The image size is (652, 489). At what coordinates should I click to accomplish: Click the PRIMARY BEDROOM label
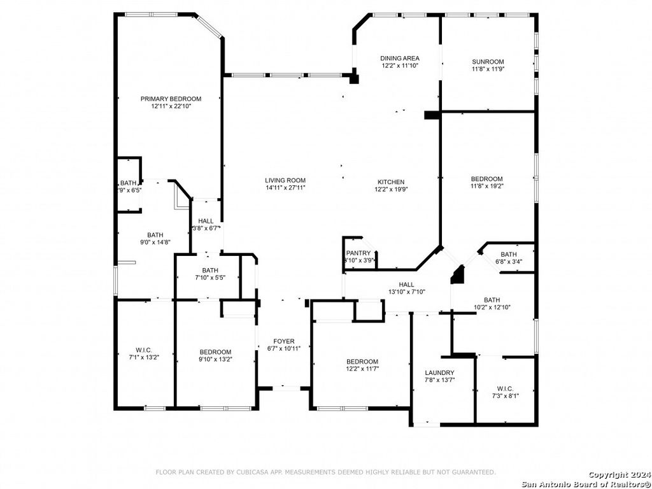171,99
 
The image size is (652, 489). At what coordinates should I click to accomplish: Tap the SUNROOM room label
488,62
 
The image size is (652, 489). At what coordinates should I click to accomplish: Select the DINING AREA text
400,58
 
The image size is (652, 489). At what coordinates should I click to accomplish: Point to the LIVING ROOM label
285,180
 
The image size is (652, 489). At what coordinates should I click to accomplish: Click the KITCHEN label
390,182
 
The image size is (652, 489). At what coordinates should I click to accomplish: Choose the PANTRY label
358,253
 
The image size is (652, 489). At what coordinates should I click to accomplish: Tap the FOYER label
284,341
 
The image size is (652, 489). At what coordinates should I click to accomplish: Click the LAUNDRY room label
439,373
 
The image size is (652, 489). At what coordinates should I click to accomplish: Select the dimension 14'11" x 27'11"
285,188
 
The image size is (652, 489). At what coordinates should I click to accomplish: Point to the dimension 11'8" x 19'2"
487,187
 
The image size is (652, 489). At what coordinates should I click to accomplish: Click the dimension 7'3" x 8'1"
505,396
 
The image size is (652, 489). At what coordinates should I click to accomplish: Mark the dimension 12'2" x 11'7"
362,369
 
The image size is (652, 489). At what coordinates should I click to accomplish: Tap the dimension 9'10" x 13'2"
215,359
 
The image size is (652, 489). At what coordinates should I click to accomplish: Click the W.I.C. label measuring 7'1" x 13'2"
143,350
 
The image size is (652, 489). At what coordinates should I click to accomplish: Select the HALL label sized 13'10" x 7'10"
407,285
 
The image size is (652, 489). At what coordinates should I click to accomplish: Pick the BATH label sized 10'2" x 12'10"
492,300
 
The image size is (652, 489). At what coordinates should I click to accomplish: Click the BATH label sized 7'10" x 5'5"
210,270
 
